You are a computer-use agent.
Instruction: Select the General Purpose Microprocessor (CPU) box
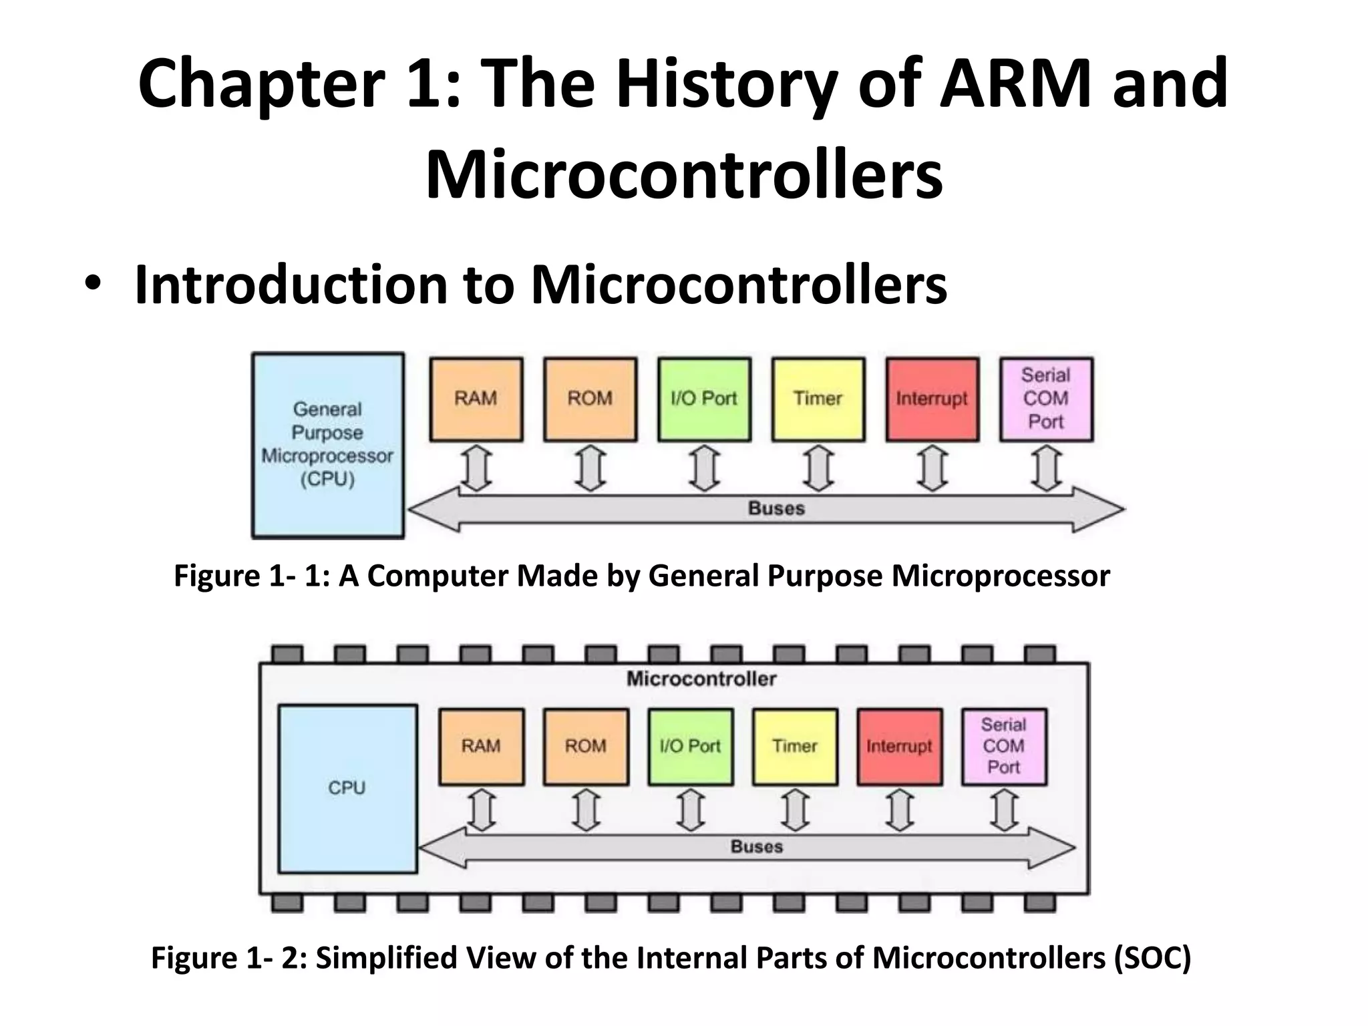click(327, 445)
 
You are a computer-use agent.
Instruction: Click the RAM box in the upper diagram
click(476, 399)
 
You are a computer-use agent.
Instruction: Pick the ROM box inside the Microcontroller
click(586, 746)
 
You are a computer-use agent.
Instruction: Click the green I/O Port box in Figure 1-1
click(703, 399)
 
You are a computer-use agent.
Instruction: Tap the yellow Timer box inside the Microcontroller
click(795, 746)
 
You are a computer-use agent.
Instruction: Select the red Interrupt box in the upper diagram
click(932, 399)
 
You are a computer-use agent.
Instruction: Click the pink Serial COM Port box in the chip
click(1003, 746)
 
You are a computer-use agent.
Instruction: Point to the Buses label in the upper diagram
click(776, 508)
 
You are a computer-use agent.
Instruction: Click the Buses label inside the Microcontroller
click(756, 846)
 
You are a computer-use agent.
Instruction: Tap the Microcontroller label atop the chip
click(701, 679)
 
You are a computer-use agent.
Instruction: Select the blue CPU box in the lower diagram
click(347, 788)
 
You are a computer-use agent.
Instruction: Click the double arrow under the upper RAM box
click(476, 469)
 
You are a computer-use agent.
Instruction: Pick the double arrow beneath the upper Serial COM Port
click(1046, 469)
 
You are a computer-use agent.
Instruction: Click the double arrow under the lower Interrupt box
click(900, 810)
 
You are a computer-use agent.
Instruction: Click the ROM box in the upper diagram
click(590, 399)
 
